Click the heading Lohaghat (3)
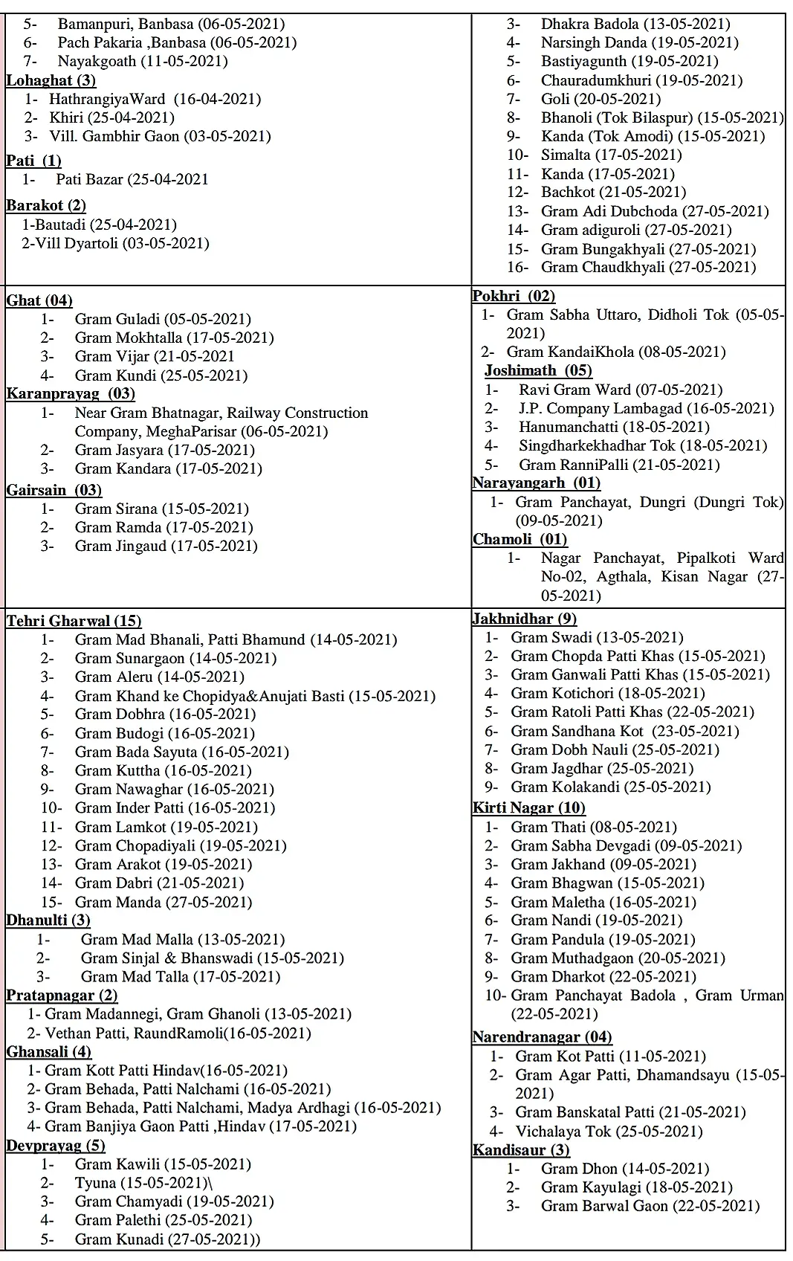51,80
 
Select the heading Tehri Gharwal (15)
74,621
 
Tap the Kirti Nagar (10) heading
528,807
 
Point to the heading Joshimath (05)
538,370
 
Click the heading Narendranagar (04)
542,1036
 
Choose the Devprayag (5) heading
56,1145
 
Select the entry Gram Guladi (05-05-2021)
163,319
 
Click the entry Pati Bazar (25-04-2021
132,179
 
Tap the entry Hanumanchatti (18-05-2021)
614,427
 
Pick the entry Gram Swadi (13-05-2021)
597,637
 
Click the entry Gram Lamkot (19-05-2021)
166,827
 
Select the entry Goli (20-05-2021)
601,99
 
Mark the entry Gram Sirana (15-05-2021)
161,509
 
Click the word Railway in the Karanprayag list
253,413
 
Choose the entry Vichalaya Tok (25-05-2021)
609,1132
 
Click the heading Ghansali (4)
49,1051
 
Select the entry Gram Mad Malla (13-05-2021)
183,939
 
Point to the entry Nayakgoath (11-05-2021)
143,61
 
